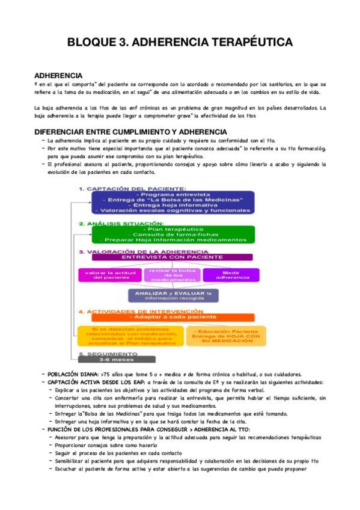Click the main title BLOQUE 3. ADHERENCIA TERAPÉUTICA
coord(180,43)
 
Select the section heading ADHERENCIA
coord(58,75)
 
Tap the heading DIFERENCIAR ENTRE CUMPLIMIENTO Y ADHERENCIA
coord(130,132)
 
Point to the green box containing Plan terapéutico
coord(172,235)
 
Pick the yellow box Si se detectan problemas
coord(129,337)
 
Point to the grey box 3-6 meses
coord(102,360)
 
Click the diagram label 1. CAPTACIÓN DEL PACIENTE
coord(132,189)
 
